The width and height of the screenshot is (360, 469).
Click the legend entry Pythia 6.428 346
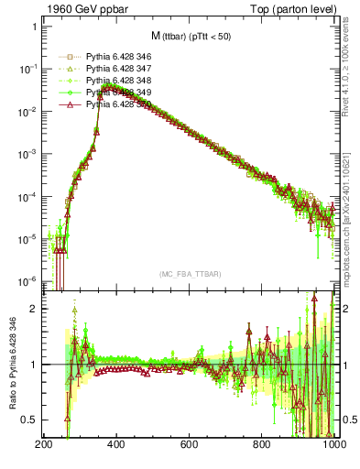(x=115, y=56)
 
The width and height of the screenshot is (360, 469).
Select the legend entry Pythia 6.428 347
(x=115, y=69)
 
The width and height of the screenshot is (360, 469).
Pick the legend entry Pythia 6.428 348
(x=115, y=81)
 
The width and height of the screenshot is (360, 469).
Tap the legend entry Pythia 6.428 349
(x=115, y=93)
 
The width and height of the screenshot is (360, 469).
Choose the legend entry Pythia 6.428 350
(x=115, y=104)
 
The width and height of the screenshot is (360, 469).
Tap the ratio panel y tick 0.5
(x=30, y=420)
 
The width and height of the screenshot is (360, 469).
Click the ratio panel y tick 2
(x=34, y=309)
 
